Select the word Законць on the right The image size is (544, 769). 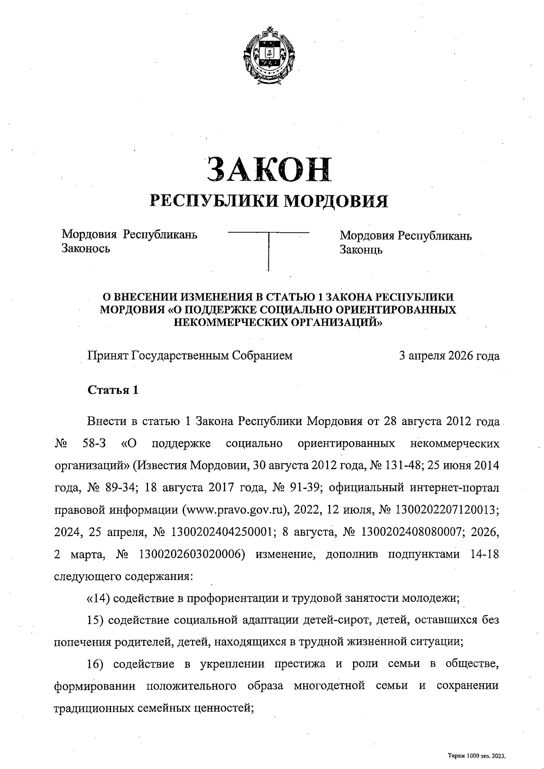tap(361, 249)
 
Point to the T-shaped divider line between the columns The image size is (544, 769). tap(268, 249)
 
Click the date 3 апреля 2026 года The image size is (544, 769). tap(449, 356)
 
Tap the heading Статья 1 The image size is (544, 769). tap(112, 390)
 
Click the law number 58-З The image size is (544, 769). tap(95, 443)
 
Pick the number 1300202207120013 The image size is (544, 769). tap(447, 509)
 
